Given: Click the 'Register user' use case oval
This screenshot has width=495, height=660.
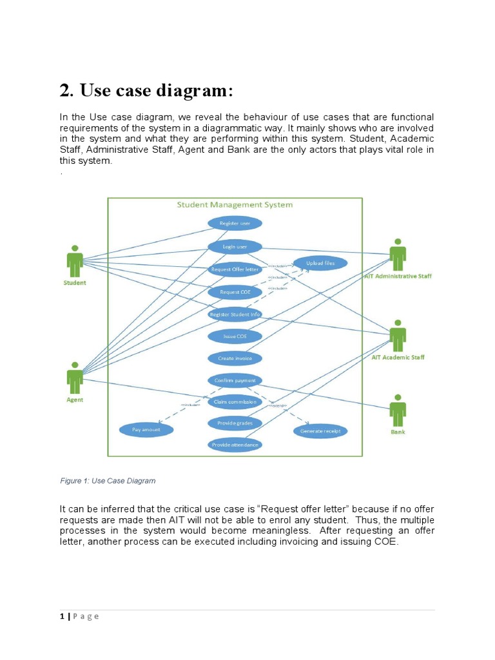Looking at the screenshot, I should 235,224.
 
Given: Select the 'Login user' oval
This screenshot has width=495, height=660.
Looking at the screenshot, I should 235,246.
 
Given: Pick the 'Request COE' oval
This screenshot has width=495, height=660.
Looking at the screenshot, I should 235,292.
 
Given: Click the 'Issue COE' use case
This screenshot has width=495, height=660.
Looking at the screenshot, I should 235,336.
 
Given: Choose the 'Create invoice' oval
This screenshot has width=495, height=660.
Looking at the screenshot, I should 235,358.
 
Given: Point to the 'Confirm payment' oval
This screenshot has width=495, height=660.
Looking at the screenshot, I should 235,380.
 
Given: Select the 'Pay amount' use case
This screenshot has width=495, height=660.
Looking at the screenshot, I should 146,429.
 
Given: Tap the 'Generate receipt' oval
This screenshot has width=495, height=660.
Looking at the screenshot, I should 320,431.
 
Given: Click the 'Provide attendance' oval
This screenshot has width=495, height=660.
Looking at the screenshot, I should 235,445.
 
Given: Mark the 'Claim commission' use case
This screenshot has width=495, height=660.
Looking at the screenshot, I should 235,402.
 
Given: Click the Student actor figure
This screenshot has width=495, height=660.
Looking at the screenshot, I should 75,260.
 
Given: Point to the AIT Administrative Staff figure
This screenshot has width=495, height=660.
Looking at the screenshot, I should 398,255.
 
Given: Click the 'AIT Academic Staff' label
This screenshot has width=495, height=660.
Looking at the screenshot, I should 398,357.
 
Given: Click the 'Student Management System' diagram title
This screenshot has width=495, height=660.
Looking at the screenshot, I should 235,205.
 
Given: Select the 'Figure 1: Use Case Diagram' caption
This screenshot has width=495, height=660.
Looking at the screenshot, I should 108,481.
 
